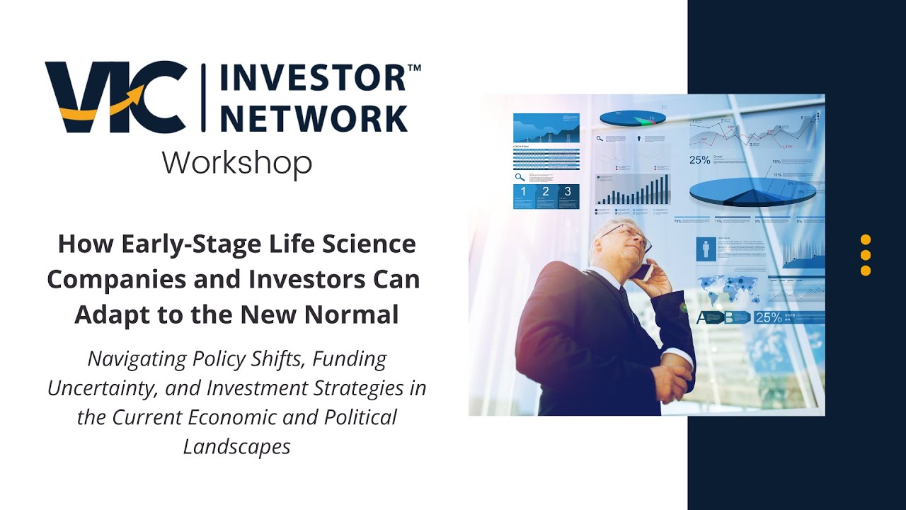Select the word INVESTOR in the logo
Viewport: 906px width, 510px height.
pos(312,77)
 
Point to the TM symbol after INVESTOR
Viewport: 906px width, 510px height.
pos(415,68)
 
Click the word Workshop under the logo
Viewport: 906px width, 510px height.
pos(236,163)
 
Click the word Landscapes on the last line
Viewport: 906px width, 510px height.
pos(236,447)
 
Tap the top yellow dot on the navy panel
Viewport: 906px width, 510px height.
pos(865,239)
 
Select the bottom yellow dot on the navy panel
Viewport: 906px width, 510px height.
pos(865,271)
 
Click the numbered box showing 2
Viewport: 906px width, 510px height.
pos(546,192)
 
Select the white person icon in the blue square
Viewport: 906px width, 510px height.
pos(706,249)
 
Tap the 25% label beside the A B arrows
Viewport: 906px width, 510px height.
pos(769,318)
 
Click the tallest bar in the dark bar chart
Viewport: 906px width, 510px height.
pos(665,189)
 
